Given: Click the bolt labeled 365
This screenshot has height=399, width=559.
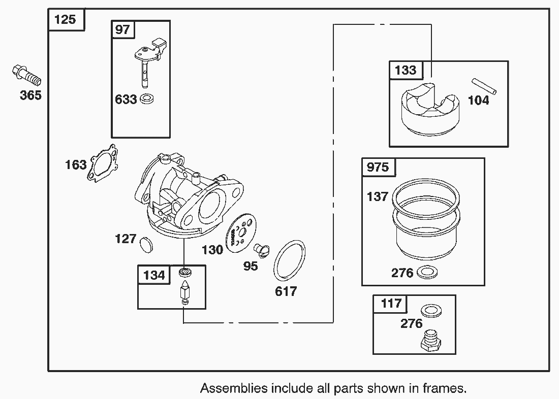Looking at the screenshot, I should click(25, 76).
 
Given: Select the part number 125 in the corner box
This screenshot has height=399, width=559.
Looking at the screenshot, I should click(65, 20).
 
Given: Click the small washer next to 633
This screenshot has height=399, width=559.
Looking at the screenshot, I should click(148, 98).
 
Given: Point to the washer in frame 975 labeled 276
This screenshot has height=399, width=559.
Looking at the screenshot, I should click(428, 273).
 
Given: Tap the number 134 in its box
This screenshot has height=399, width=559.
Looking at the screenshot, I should click(154, 275).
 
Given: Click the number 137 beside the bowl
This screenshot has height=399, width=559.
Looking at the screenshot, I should click(377, 196).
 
